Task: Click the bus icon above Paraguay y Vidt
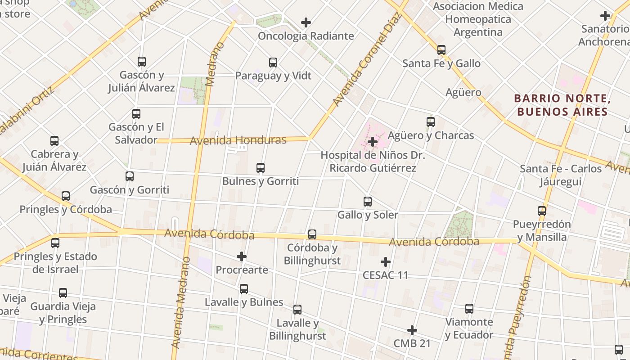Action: click(x=273, y=63)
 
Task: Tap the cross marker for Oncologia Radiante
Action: click(x=306, y=22)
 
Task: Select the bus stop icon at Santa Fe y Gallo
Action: click(x=441, y=50)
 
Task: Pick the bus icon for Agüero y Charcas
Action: click(x=431, y=122)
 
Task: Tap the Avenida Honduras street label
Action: click(x=238, y=140)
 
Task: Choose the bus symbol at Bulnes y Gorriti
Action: click(x=261, y=168)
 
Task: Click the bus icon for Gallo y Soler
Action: click(x=368, y=202)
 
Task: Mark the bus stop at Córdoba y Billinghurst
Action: click(x=312, y=234)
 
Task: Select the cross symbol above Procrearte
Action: click(x=242, y=257)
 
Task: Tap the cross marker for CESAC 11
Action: click(x=386, y=262)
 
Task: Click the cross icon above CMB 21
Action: click(x=412, y=331)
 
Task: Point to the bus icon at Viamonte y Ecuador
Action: click(x=469, y=309)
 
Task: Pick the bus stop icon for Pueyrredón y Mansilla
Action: click(x=542, y=211)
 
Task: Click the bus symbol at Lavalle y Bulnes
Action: click(x=244, y=289)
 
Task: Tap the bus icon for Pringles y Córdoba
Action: click(x=66, y=196)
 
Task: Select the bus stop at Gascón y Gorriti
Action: click(x=130, y=176)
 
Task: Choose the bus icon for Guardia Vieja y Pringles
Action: click(x=63, y=293)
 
